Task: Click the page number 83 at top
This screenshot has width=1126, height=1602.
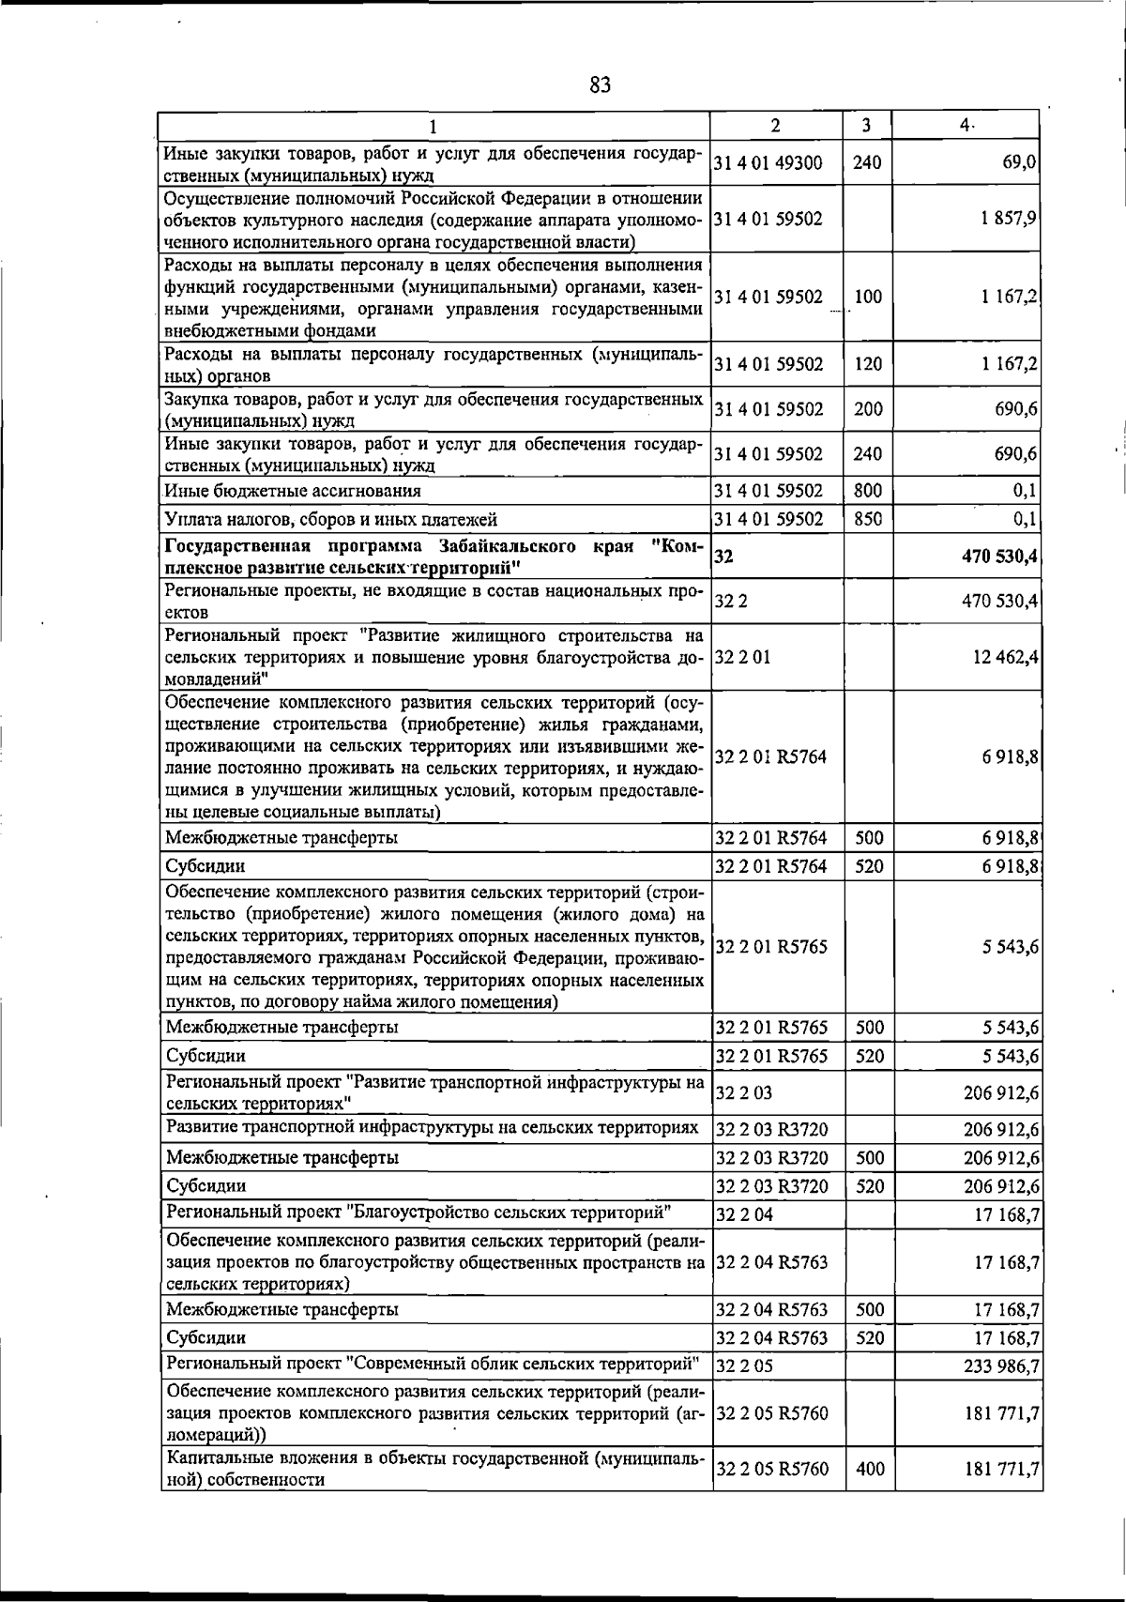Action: click(x=601, y=86)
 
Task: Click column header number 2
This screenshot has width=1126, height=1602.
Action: click(x=774, y=125)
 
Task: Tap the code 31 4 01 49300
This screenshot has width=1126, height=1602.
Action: click(x=768, y=162)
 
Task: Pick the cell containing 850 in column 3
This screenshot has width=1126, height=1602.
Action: click(x=868, y=519)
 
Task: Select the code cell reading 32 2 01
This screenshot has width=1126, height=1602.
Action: click(x=742, y=657)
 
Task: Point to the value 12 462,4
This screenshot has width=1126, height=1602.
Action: click(x=1006, y=657)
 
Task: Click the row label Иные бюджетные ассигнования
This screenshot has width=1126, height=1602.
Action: click(x=293, y=491)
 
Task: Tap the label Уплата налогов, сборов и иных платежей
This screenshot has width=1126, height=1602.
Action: click(x=330, y=519)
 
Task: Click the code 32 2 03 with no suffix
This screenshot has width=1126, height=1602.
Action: click(x=743, y=1092)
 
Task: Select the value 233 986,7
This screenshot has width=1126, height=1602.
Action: click(x=1001, y=1366)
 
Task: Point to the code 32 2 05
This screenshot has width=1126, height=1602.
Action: click(x=744, y=1366)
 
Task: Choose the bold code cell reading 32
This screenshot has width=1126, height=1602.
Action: click(x=723, y=557)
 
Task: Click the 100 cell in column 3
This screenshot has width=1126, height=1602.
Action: click(x=868, y=297)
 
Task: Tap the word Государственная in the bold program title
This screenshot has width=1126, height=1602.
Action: click(x=231, y=547)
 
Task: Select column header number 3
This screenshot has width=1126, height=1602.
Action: click(x=866, y=125)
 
